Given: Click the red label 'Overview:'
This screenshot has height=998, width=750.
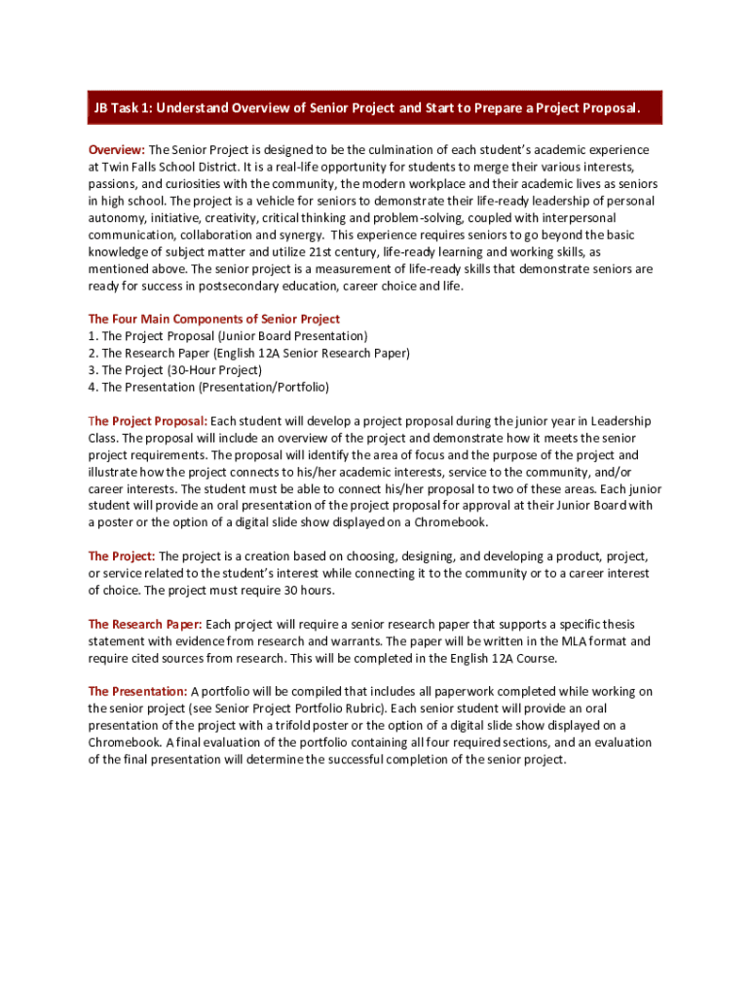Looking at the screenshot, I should (x=116, y=150).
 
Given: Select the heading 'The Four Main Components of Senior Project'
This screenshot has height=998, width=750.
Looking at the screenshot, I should (x=214, y=319).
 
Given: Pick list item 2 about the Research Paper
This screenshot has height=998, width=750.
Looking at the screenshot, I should (x=248, y=353).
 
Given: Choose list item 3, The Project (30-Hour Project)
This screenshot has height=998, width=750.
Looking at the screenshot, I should (x=175, y=369).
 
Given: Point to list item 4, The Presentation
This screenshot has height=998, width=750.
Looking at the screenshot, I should (x=208, y=387).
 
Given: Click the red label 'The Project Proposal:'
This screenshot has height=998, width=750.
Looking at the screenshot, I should (x=147, y=421).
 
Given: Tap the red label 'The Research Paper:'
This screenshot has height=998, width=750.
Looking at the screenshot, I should (x=145, y=624).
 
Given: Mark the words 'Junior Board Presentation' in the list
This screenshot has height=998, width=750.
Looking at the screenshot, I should (x=293, y=335).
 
